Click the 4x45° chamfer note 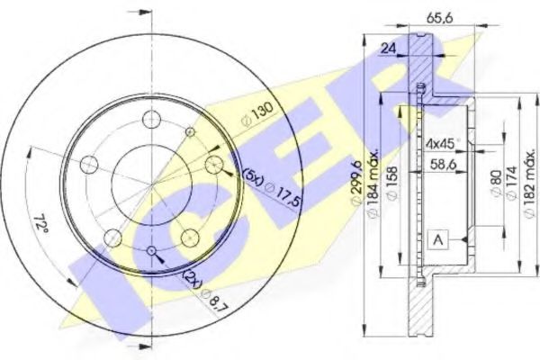[442, 144]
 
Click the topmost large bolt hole [152, 121]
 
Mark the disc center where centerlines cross [152, 185]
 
